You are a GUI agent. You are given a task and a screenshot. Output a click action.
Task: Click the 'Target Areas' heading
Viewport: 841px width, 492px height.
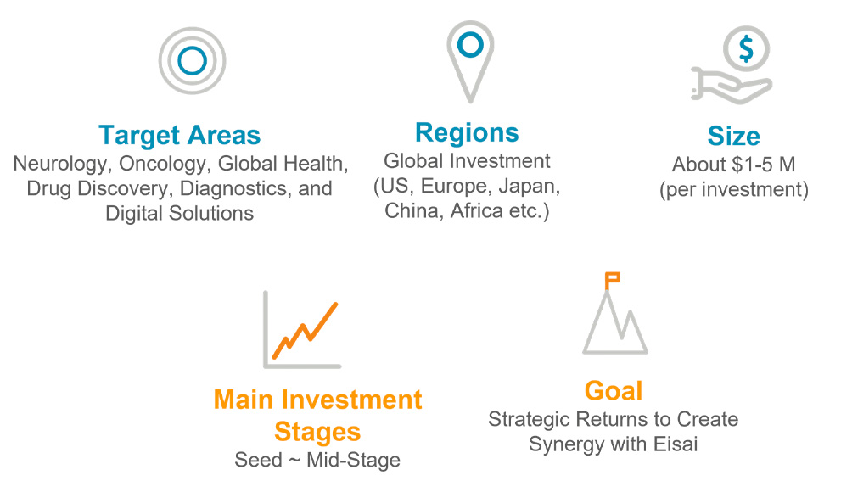[x=179, y=136]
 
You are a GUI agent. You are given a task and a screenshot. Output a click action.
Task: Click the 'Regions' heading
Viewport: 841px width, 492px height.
[x=467, y=133]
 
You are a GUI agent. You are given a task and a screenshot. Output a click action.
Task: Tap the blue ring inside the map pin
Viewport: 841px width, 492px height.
[x=470, y=33]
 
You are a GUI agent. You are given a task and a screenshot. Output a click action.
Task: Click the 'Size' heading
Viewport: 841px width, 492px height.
[x=734, y=136]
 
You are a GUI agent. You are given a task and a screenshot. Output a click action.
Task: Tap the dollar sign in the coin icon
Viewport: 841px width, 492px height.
[x=746, y=48]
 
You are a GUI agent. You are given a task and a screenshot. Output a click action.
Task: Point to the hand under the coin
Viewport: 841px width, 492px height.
[x=731, y=86]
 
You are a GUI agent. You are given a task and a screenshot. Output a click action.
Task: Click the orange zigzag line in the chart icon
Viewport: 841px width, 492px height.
[x=305, y=331]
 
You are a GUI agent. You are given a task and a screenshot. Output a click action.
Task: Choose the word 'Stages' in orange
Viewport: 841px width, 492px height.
[x=317, y=432]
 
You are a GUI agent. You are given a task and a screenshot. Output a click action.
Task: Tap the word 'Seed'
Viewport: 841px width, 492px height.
[x=258, y=460]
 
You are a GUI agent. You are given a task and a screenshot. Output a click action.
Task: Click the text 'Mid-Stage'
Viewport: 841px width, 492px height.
[x=353, y=460]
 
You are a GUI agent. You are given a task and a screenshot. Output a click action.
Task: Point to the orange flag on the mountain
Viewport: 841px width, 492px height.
[x=612, y=279]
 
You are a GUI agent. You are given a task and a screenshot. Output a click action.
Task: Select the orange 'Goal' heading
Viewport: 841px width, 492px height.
[x=614, y=391]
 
